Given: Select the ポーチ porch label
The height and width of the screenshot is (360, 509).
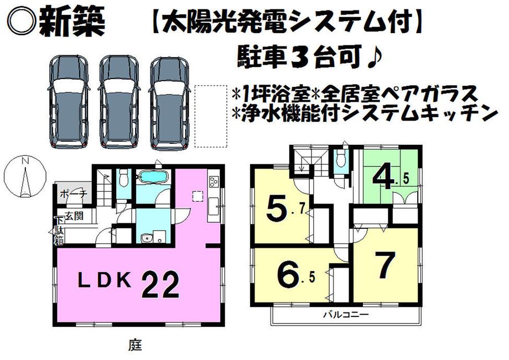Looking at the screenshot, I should (x=71, y=194).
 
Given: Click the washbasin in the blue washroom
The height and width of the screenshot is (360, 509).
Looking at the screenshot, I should (x=146, y=239).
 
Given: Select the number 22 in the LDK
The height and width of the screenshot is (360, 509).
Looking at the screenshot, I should (x=163, y=285).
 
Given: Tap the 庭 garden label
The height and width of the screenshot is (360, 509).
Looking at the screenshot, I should (x=136, y=346).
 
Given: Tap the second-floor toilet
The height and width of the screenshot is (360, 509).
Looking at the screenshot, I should (x=340, y=160).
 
